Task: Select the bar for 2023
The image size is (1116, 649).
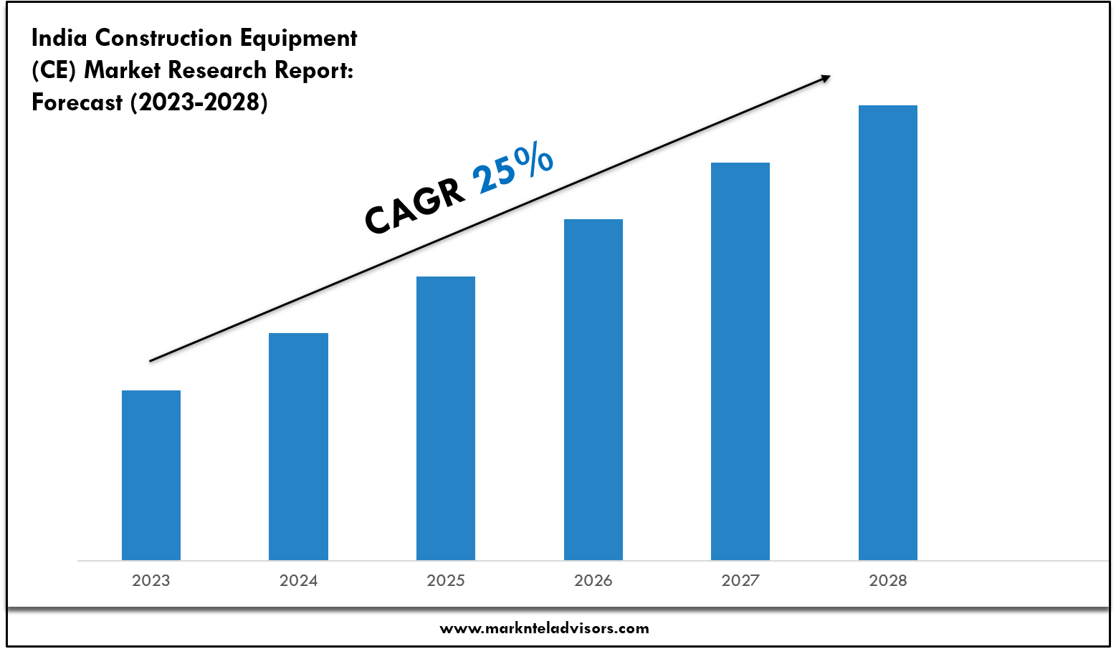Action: pyautogui.click(x=151, y=475)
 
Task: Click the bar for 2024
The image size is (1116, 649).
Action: pyautogui.click(x=298, y=446)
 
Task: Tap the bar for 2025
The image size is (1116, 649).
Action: pyautogui.click(x=446, y=418)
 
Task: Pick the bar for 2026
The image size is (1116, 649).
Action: pyautogui.click(x=593, y=390)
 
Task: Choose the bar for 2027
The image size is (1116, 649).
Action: pyautogui.click(x=740, y=361)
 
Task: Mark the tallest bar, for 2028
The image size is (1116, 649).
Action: pyautogui.click(x=888, y=332)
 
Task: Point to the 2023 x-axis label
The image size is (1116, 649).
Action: pyautogui.click(x=151, y=580)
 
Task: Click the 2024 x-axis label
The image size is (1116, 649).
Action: pyautogui.click(x=298, y=580)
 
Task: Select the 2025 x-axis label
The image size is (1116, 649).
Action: pyautogui.click(x=446, y=580)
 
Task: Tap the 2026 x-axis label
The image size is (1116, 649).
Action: pyautogui.click(x=593, y=580)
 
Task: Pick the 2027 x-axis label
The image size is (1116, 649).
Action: pyautogui.click(x=740, y=580)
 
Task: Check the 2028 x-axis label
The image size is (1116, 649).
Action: pyautogui.click(x=888, y=580)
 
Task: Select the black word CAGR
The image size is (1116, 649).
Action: pyautogui.click(x=414, y=207)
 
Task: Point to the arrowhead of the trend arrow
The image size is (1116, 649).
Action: pyautogui.click(x=825, y=78)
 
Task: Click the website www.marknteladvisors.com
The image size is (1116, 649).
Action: pyautogui.click(x=544, y=628)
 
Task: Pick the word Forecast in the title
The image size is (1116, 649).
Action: pyautogui.click(x=77, y=102)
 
